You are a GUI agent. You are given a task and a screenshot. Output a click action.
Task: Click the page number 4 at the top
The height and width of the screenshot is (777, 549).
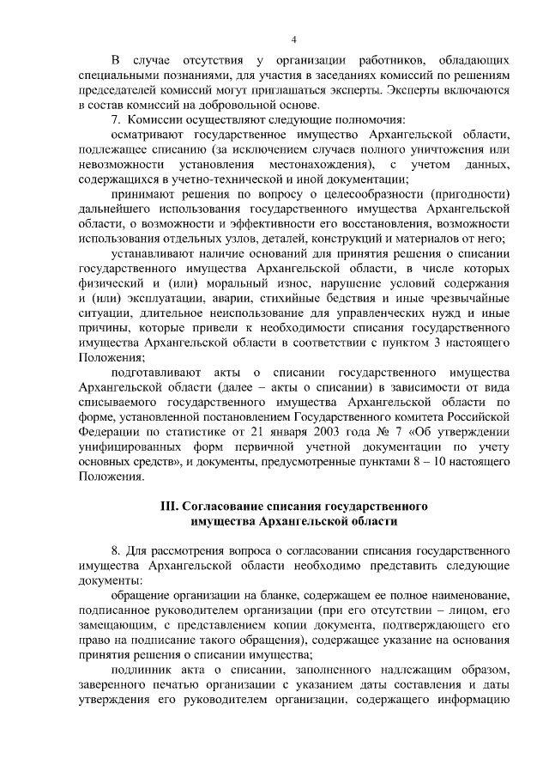tap(293, 40)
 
